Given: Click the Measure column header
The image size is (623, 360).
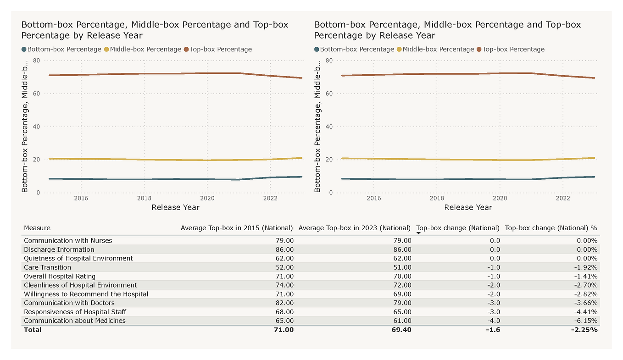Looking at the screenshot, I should pyautogui.click(x=37, y=228).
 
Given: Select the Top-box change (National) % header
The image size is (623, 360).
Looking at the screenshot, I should pyautogui.click(x=551, y=228).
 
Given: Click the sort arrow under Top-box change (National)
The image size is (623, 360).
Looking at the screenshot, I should pyautogui.click(x=418, y=233).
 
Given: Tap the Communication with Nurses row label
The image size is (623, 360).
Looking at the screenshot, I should pyautogui.click(x=68, y=240).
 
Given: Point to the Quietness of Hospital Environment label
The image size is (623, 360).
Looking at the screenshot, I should pyautogui.click(x=78, y=258).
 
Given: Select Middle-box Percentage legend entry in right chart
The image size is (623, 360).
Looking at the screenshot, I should pyautogui.click(x=438, y=49).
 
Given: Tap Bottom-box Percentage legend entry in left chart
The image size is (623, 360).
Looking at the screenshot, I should pyautogui.click(x=64, y=49).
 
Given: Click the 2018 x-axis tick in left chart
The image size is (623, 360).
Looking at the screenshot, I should pyautogui.click(x=144, y=198).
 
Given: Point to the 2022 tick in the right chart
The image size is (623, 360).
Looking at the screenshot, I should pyautogui.click(x=563, y=198).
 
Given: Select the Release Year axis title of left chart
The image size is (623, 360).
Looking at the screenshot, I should pyautogui.click(x=175, y=207).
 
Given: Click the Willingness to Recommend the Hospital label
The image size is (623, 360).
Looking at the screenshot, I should pyautogui.click(x=86, y=294).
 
